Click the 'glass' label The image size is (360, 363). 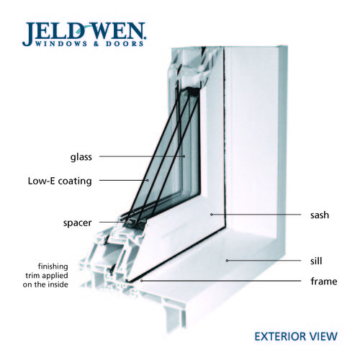click(81, 157)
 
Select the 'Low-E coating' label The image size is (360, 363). click(60, 181)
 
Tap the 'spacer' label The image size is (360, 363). click(77, 223)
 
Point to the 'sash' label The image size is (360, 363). click(320, 215)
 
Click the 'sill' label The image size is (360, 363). click(316, 261)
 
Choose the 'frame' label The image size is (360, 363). click(324, 281)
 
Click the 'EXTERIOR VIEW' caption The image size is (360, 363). click(296, 336)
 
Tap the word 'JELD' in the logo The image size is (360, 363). click(53, 32)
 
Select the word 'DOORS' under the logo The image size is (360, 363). click(125, 44)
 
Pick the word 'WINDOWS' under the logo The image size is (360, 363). click(61, 44)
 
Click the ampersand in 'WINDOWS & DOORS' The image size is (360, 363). click(96, 44)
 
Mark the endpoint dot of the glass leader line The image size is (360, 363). click(184, 156)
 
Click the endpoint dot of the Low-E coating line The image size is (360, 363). click(148, 180)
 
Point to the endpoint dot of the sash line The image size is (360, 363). click(212, 215)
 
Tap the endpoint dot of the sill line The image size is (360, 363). click(227, 260)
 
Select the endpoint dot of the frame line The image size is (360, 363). click(142, 280)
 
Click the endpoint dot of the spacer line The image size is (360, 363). click(131, 222)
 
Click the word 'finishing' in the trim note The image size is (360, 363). click(53, 266)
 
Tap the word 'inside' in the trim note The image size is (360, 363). click(58, 284)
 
